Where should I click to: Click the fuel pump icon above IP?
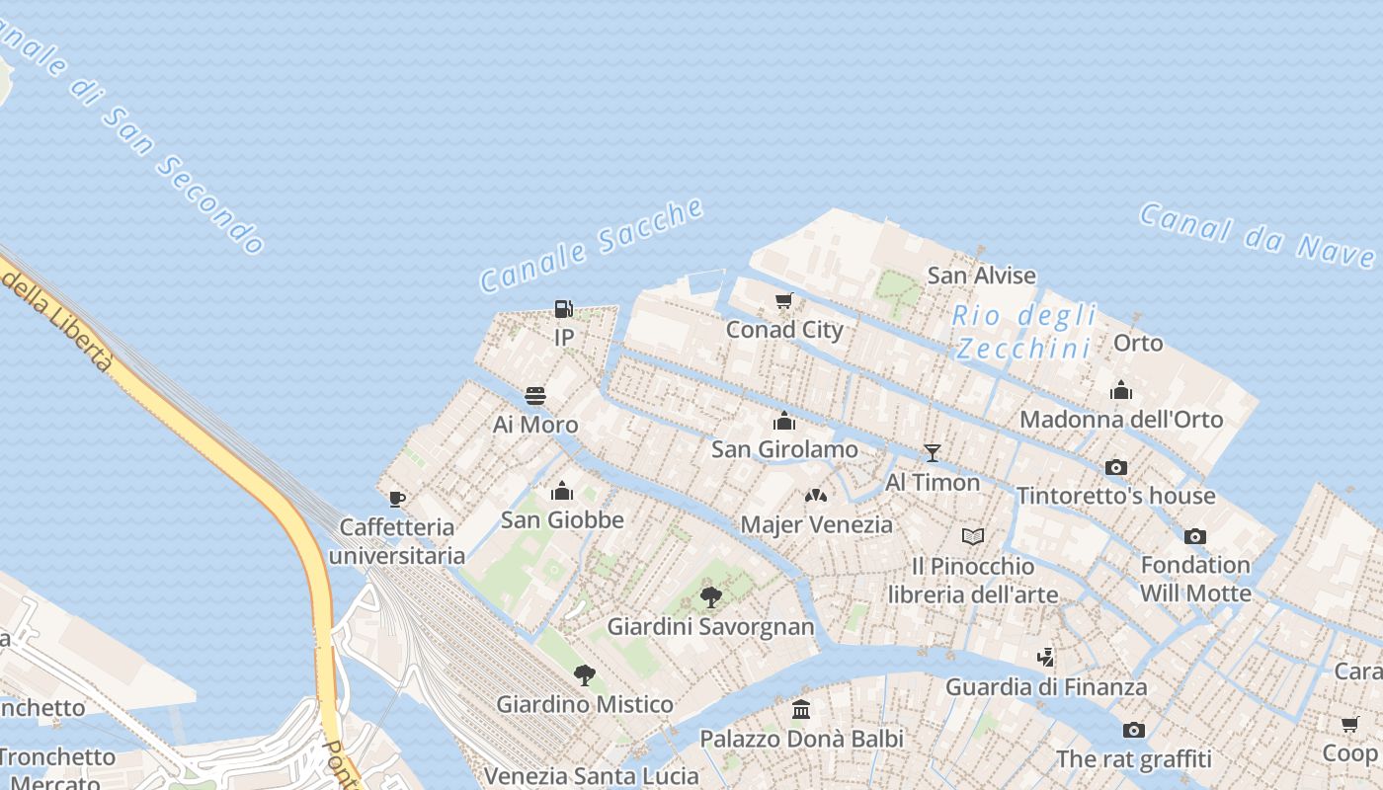pyautogui.click(x=563, y=309)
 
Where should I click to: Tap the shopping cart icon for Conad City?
pyautogui.click(x=784, y=300)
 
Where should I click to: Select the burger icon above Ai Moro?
pyautogui.click(x=535, y=396)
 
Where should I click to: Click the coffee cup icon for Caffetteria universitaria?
pyautogui.click(x=397, y=499)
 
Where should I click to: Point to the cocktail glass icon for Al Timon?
pyautogui.click(x=932, y=453)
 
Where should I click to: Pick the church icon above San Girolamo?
pyautogui.click(x=784, y=422)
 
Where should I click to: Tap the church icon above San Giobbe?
pyautogui.click(x=562, y=491)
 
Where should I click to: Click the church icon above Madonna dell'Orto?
pyautogui.click(x=1120, y=390)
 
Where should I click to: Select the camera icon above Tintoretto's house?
pyautogui.click(x=1115, y=467)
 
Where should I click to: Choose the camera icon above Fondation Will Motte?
pyautogui.click(x=1194, y=537)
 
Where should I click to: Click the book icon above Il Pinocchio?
pyautogui.click(x=973, y=537)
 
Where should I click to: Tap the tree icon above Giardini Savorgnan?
pyautogui.click(x=710, y=597)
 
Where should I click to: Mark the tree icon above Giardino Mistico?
pyautogui.click(x=585, y=675)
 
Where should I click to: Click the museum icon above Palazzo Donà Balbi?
pyautogui.click(x=801, y=710)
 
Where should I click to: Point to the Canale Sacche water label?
pyautogui.click(x=592, y=245)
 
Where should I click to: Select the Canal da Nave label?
pyautogui.click(x=1257, y=235)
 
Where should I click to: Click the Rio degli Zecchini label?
pyautogui.click(x=1025, y=332)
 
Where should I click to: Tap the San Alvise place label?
pyautogui.click(x=981, y=276)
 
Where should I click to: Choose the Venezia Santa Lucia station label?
pyautogui.click(x=591, y=776)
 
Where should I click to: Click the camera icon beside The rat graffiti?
pyautogui.click(x=1133, y=731)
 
